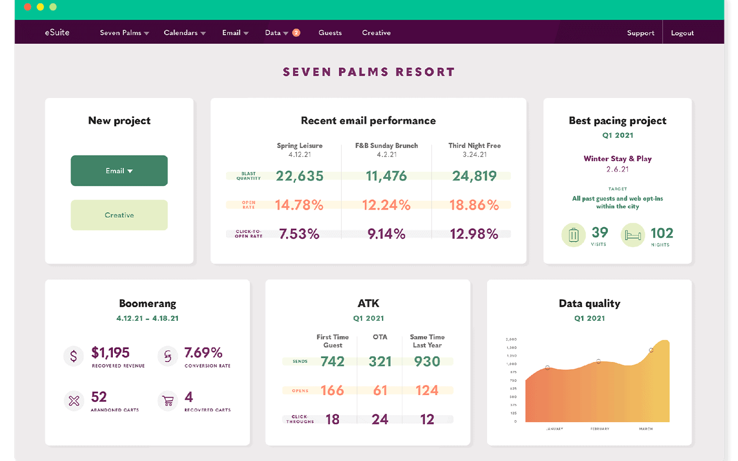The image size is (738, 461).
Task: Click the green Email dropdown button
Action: click(x=119, y=171)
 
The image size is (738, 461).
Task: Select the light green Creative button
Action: click(x=119, y=215)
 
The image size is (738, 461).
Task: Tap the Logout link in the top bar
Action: click(x=682, y=33)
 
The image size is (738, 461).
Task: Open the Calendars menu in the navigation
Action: click(x=184, y=33)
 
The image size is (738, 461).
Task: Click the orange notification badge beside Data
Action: click(x=296, y=33)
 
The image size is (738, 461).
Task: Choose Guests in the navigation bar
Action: click(x=330, y=33)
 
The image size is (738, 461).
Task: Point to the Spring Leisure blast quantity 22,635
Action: click(x=299, y=176)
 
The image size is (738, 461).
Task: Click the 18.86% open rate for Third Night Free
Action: click(x=474, y=205)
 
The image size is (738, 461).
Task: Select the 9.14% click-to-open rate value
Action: click(x=386, y=234)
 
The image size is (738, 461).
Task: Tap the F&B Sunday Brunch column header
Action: click(x=386, y=146)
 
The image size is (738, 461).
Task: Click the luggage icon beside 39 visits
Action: click(x=574, y=235)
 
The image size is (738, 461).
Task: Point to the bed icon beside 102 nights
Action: click(x=633, y=235)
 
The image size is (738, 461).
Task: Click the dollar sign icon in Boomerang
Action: click(x=74, y=356)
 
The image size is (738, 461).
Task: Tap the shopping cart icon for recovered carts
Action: click(x=168, y=401)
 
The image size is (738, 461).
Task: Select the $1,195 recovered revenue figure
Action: click(x=110, y=352)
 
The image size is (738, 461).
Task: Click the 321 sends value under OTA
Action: click(x=380, y=361)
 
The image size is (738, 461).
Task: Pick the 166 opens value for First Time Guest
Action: click(x=332, y=390)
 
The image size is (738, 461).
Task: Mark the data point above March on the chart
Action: click(x=651, y=350)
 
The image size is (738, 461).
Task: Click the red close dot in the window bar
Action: click(x=27, y=7)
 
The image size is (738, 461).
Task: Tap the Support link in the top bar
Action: click(x=640, y=33)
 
